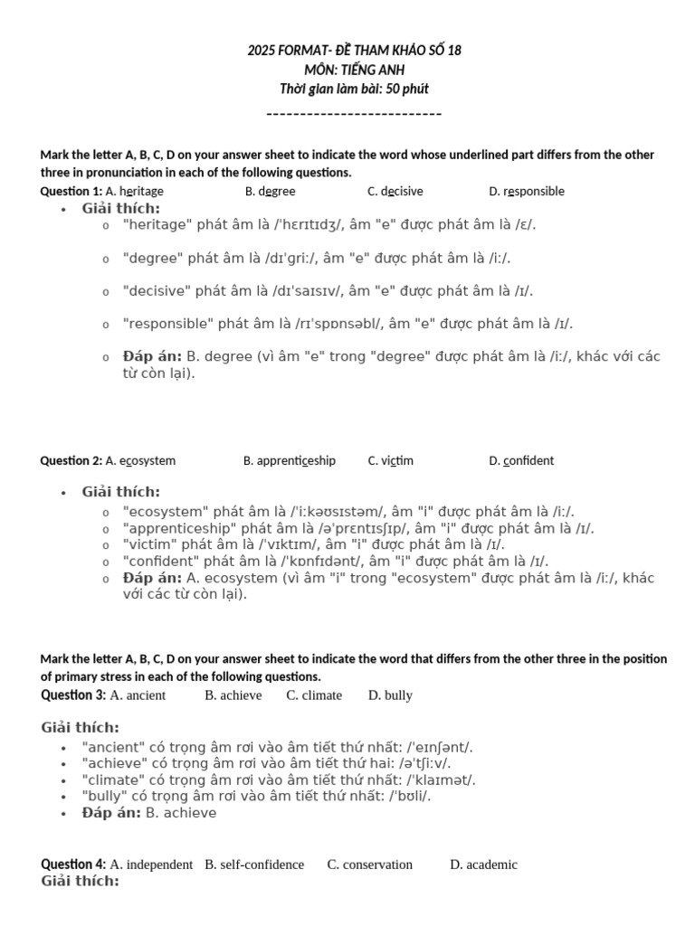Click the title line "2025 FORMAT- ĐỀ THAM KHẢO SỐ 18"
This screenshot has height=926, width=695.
point(354,50)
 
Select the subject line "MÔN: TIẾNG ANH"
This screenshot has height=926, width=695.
point(354,69)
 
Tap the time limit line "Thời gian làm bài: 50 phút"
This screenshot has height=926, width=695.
point(354,89)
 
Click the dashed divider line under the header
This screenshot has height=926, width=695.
point(354,114)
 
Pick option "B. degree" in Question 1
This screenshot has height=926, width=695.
point(270,191)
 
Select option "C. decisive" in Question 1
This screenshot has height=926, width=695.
point(395,191)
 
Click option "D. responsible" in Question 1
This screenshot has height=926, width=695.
point(526,191)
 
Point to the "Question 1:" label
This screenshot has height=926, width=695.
point(71,191)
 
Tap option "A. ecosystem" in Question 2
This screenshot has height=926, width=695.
point(140,460)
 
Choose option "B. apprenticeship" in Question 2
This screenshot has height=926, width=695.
point(289,460)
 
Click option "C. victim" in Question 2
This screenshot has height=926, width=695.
point(390,460)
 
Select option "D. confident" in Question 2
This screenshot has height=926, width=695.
point(521,460)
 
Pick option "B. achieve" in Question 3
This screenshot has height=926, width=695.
point(233,695)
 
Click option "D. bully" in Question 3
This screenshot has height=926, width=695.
point(390,695)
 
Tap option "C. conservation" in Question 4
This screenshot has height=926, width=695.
point(369,865)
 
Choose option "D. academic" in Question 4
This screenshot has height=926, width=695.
point(483,865)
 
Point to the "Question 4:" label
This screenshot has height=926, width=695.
point(73,865)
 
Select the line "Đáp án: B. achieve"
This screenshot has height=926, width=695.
point(149,813)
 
